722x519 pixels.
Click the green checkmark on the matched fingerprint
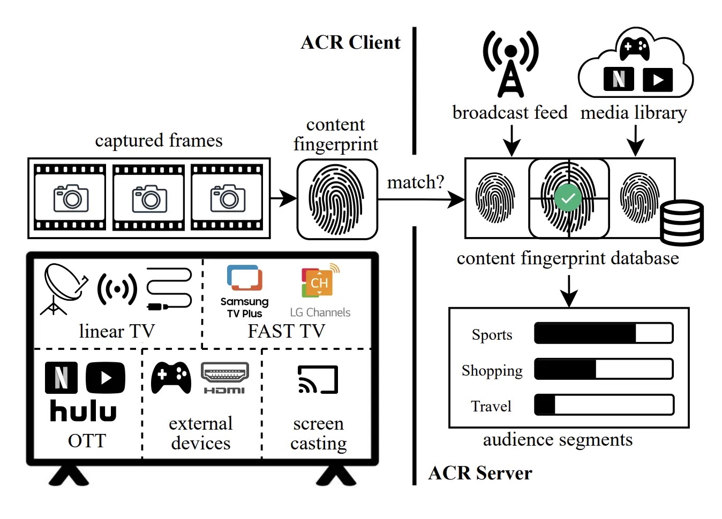tap(568, 197)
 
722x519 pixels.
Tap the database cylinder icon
tap(682, 223)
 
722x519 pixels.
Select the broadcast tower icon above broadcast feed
tap(510, 64)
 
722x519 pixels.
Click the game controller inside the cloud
tap(635, 49)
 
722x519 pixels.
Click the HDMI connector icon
tap(224, 378)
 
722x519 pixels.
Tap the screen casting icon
tap(318, 379)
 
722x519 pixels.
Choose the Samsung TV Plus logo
tap(245, 292)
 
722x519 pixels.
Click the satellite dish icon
tap(64, 289)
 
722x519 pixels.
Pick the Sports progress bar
tap(604, 333)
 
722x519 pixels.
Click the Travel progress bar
tap(604, 404)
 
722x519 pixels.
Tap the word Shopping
tap(492, 371)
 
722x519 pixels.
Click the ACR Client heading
tap(350, 42)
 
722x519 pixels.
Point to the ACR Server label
tap(480, 474)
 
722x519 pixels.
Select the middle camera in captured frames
tap(149, 199)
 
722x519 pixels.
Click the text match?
tap(416, 182)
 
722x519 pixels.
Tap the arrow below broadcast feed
tap(512, 141)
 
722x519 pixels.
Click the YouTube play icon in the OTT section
tap(106, 378)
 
